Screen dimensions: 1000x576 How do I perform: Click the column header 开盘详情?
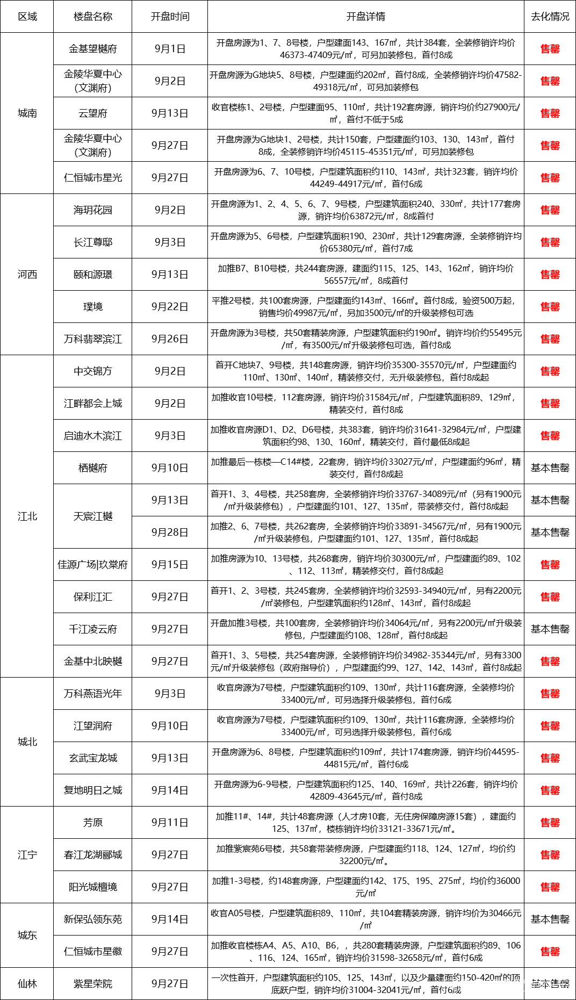(x=365, y=17)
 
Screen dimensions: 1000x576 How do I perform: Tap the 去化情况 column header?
(x=550, y=17)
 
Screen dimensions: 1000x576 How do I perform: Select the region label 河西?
(x=27, y=275)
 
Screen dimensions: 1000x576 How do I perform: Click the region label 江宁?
(x=27, y=854)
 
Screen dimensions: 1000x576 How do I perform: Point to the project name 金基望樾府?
(x=92, y=49)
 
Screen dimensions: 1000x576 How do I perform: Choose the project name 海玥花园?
(x=92, y=210)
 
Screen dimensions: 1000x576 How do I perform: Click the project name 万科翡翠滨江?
(x=92, y=339)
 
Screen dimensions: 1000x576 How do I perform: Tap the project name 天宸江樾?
(x=92, y=516)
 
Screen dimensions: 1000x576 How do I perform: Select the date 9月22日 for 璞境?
(x=170, y=307)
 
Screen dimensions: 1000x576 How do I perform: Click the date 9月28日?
(x=170, y=533)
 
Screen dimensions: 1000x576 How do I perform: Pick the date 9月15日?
(x=170, y=565)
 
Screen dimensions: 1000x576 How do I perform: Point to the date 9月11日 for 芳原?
(x=170, y=823)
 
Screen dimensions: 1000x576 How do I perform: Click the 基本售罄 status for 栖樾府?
(x=550, y=468)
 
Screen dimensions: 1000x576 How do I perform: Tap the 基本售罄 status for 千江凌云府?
(x=550, y=629)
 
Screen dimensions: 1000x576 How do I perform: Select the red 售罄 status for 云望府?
(x=550, y=113)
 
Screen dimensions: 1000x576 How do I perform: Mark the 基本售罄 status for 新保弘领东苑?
(x=550, y=919)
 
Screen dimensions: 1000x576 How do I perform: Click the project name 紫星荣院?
(x=92, y=984)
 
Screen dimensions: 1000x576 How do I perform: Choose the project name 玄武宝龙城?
(x=92, y=758)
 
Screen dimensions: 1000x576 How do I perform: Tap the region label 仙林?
(x=27, y=984)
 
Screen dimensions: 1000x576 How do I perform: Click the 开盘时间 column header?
(x=170, y=17)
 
